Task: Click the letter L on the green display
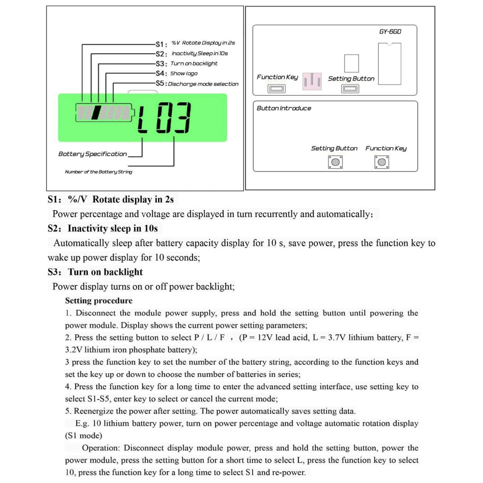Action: [x=142, y=118]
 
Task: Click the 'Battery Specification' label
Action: [x=93, y=154]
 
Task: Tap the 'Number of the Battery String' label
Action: [x=99, y=172]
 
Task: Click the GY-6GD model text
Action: [x=390, y=32]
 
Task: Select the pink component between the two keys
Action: [x=312, y=80]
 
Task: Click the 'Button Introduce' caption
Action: [x=284, y=108]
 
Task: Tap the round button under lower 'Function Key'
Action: [x=382, y=162]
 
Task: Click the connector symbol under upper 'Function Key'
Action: [x=277, y=88]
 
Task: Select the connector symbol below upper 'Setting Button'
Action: [x=350, y=88]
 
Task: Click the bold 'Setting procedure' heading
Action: [x=99, y=300]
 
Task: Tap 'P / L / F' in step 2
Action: [x=210, y=338]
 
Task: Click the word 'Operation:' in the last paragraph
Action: [x=101, y=448]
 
